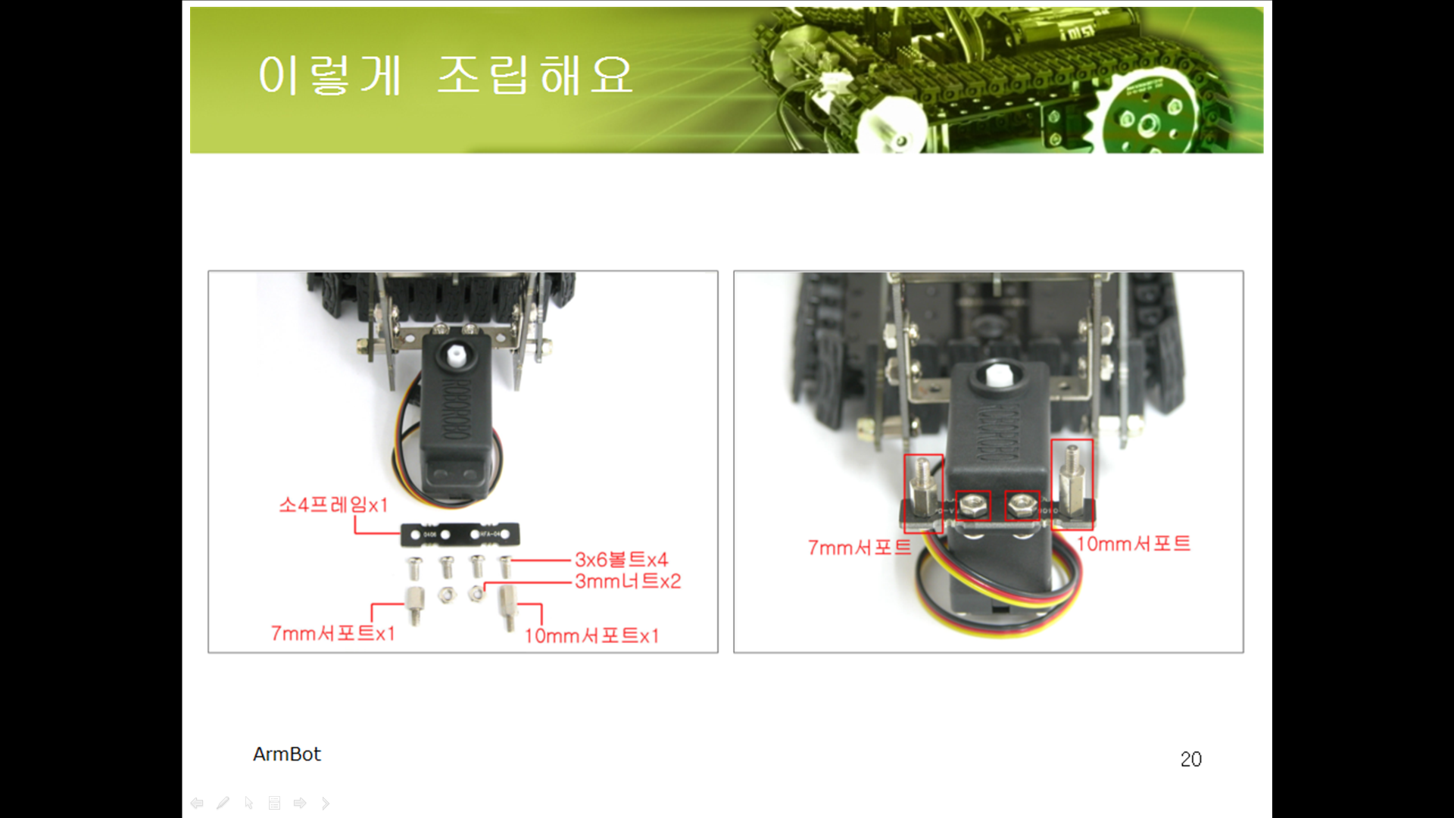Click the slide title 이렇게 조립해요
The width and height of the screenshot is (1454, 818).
point(445,75)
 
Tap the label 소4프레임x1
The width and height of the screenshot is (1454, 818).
point(333,504)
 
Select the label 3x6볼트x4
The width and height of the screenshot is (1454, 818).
point(621,560)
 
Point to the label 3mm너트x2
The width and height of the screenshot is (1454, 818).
point(628,581)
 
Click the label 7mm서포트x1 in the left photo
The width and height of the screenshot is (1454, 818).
point(333,633)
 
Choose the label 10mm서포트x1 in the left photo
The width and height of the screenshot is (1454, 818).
point(591,635)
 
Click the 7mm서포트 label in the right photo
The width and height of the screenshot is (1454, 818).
point(860,548)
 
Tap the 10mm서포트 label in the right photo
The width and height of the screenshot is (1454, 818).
point(1134,544)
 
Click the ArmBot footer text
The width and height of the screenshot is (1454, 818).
point(287,754)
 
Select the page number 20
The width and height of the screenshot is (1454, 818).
point(1191,759)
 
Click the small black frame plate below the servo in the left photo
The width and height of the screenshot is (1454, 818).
point(460,535)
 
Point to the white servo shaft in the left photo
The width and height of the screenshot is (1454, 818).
point(457,356)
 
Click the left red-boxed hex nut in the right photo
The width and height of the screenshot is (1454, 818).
point(973,505)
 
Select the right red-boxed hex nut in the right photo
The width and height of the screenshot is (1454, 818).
point(1022,505)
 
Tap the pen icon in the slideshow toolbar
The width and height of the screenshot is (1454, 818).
point(223,803)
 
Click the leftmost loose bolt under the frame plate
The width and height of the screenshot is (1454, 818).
point(414,567)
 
